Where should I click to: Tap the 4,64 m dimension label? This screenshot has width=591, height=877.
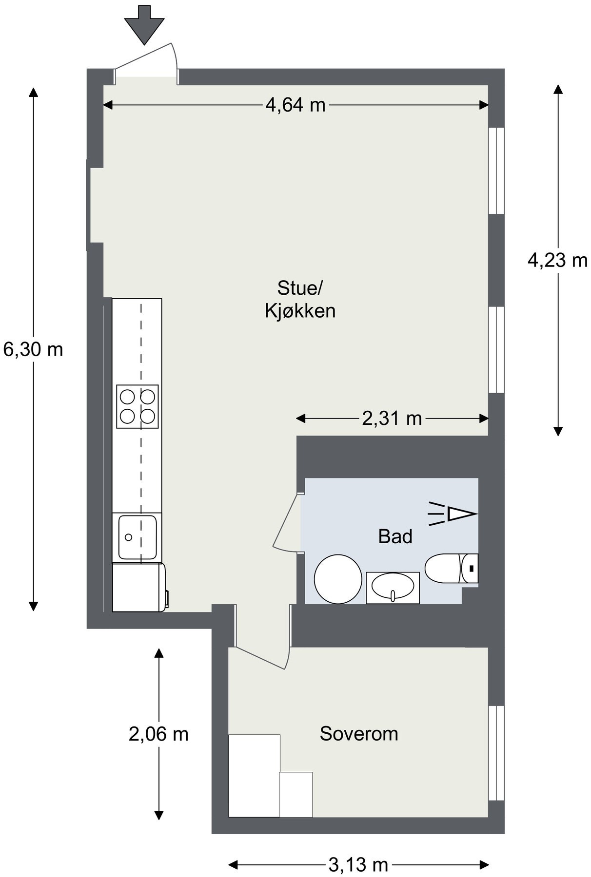(x=295, y=105)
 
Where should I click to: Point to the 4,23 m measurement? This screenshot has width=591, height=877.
(x=557, y=261)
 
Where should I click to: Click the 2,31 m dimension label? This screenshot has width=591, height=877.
(x=392, y=419)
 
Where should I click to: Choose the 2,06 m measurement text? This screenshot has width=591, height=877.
(x=158, y=734)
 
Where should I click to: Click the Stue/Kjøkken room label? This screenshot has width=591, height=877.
(x=300, y=299)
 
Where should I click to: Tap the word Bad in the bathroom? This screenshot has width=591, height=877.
(x=395, y=536)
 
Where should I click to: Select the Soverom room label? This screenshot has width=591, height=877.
(x=359, y=734)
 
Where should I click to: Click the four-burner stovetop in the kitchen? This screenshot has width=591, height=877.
(x=138, y=407)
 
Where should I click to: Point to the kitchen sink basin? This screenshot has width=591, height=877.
(x=137, y=538)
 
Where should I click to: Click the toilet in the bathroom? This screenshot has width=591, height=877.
(x=452, y=568)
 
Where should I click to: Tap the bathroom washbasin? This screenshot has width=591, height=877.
(x=393, y=588)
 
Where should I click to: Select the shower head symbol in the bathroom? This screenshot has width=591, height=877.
(x=452, y=514)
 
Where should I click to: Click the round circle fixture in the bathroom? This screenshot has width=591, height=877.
(x=338, y=579)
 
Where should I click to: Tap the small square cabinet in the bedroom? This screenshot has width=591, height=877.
(x=295, y=794)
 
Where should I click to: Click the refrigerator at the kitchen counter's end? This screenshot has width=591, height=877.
(x=139, y=587)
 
